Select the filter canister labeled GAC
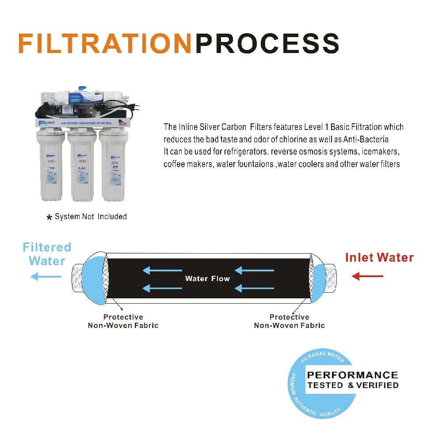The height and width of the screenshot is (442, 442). pos(82,168)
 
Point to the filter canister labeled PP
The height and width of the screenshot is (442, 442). pos(114,168)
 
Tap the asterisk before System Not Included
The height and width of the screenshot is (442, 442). pos(50,217)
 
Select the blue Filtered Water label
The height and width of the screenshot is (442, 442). pos(47,254)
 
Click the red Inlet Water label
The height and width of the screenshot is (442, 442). pos(379,257)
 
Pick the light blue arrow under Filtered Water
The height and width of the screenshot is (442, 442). pos(46,277)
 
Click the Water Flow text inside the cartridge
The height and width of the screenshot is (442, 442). pos(207,278)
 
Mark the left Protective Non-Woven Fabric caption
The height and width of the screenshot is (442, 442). pos(123,321)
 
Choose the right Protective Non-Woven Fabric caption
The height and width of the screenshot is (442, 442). pos(289,321)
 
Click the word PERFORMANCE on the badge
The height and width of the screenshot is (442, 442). pos(352,375)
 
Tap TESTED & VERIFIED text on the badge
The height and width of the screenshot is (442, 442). pos(352,385)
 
